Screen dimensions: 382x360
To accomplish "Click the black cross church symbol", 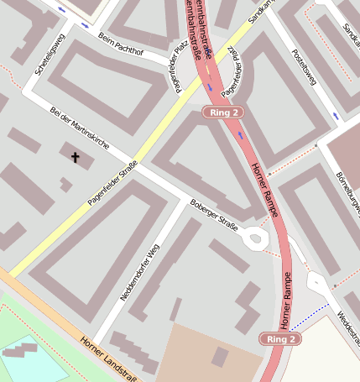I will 75,156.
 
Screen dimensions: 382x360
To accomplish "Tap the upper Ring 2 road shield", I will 225,112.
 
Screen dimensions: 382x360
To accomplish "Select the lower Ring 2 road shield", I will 280,338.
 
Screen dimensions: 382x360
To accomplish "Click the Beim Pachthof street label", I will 121,47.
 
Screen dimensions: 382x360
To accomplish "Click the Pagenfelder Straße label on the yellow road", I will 112,183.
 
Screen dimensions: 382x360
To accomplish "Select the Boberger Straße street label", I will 215,216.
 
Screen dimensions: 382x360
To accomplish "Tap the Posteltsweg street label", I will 303,66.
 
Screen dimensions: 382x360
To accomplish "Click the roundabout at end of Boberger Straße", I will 255,239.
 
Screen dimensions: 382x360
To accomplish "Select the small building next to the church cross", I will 65,184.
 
